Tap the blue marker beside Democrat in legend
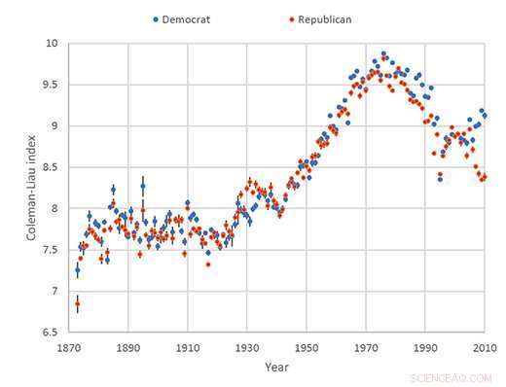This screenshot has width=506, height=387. point(156,19)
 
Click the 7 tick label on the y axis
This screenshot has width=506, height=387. point(54,291)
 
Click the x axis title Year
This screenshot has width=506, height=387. point(276,367)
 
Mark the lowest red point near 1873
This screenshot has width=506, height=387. point(77,304)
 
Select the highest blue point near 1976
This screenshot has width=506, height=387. point(383,53)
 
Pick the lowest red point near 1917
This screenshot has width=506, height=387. point(207,264)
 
